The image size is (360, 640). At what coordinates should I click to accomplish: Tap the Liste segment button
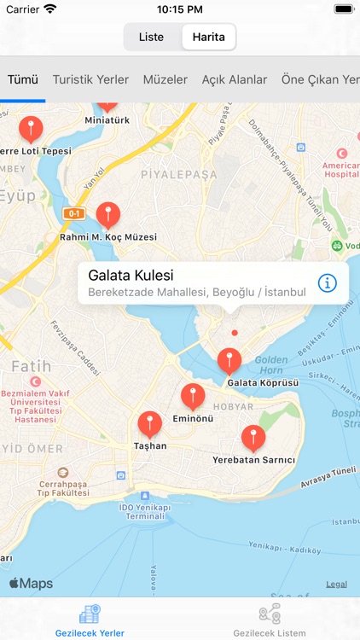[151, 38]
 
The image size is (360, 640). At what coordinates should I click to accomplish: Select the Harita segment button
[208, 38]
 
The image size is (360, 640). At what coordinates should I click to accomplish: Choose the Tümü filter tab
[23, 79]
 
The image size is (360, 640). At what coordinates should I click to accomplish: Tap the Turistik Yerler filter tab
[90, 79]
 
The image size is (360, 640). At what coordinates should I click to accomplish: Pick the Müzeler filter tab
[165, 79]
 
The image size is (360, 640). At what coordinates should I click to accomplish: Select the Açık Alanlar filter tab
[235, 79]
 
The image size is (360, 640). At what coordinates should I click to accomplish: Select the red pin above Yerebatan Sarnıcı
[253, 438]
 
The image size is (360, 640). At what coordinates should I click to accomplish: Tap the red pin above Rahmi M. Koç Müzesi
[107, 214]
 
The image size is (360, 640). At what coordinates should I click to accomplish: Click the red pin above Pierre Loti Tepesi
[32, 129]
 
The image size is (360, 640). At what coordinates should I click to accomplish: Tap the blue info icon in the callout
[328, 282]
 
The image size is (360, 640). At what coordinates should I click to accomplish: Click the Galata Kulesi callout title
[131, 276]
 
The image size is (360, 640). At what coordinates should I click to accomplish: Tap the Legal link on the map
[336, 585]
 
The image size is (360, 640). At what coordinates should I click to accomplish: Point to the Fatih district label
[32, 366]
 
